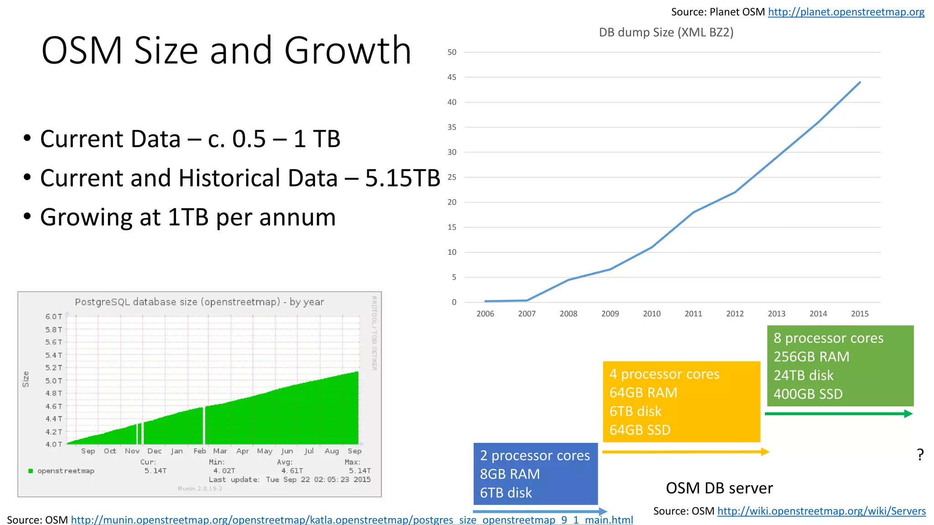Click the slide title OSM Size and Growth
[x=226, y=50]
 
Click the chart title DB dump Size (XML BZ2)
[x=666, y=32]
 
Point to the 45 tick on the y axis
[x=451, y=77]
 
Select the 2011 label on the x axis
[x=693, y=314]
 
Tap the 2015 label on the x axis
[x=860, y=314]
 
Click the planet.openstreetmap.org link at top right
[x=846, y=12]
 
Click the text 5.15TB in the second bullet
[x=402, y=178]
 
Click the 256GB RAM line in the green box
[x=811, y=357]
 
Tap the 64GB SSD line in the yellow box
[x=640, y=430]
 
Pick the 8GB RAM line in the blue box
[x=509, y=474]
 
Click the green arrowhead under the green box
[x=908, y=414]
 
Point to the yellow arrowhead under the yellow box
[x=765, y=452]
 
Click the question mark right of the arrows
[x=920, y=454]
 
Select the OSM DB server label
[x=719, y=488]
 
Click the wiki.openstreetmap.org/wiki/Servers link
[x=821, y=511]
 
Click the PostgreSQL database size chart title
[x=199, y=302]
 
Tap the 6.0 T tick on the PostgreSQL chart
[x=53, y=316]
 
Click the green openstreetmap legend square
[x=31, y=471]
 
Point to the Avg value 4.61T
[x=292, y=471]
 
